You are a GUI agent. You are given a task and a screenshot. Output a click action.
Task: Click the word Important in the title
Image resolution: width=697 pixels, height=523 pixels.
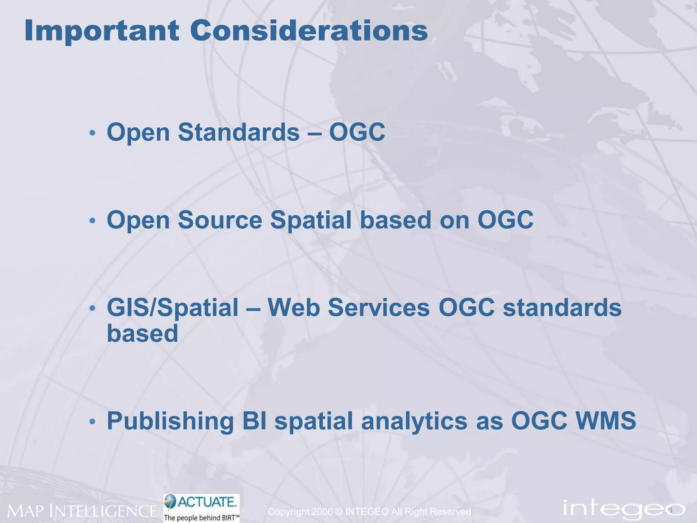click(x=101, y=31)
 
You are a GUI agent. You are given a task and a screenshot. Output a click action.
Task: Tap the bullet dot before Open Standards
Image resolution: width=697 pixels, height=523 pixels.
click(x=92, y=133)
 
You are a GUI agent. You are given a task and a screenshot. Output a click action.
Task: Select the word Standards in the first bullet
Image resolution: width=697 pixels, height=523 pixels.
click(x=239, y=132)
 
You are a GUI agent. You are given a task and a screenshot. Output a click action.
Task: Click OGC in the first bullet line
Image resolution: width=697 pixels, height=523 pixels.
click(x=357, y=132)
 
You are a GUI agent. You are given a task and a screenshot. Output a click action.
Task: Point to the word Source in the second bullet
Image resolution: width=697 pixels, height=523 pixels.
click(x=220, y=220)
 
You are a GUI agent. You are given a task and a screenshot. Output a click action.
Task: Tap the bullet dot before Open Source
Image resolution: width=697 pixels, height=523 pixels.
click(x=92, y=221)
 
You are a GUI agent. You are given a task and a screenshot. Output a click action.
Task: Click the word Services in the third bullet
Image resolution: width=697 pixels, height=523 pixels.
click(x=379, y=307)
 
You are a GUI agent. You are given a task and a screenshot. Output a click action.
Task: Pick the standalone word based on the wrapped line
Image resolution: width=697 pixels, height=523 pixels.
click(x=142, y=333)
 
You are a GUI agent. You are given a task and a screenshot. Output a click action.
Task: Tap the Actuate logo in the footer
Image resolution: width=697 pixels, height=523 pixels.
click(x=201, y=507)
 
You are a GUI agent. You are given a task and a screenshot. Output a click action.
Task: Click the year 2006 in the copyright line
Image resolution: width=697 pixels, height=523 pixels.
click(x=322, y=511)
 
